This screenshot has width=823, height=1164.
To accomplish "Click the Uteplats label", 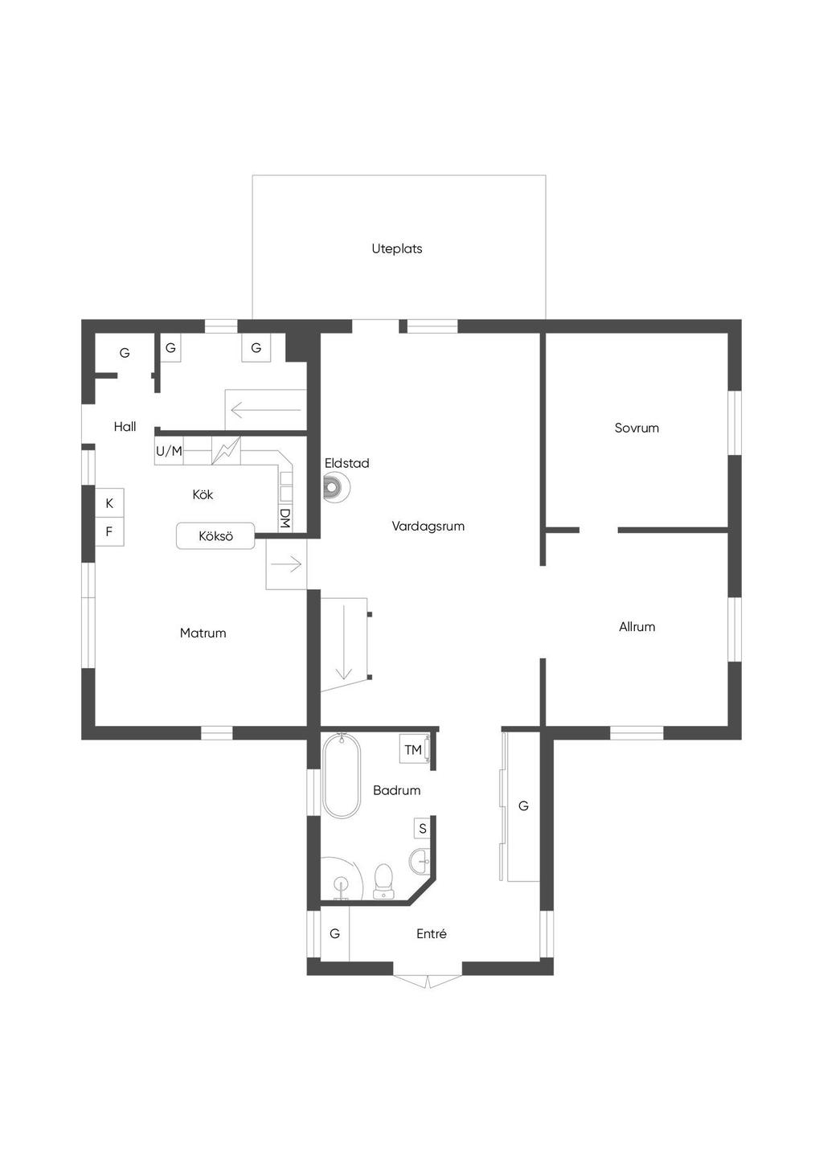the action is click(396, 248).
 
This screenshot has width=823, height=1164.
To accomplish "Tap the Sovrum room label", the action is click(637, 428).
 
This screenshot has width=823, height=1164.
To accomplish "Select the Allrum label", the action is click(637, 626).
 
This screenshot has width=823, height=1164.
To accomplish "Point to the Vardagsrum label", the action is click(428, 526).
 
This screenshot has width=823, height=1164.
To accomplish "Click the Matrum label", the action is click(203, 633).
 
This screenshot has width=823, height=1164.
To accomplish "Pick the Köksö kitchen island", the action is click(215, 535).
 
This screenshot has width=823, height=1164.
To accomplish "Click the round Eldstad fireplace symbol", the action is click(336, 487).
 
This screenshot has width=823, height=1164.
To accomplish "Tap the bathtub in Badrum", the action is click(342, 775).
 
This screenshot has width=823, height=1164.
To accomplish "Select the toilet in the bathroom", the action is click(383, 881).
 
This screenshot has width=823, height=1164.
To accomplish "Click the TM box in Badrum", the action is click(413, 749).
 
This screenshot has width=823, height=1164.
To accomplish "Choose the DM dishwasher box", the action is click(285, 518).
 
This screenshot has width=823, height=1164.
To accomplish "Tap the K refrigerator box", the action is click(109, 503).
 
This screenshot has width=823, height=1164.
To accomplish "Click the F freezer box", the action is click(109, 531).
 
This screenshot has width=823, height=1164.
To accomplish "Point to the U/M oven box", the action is click(169, 450).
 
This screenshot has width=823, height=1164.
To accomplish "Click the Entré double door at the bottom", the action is click(427, 981).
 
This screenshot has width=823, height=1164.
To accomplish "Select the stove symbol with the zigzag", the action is click(226, 450).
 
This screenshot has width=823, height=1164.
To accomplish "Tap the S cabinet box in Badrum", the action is click(423, 828).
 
